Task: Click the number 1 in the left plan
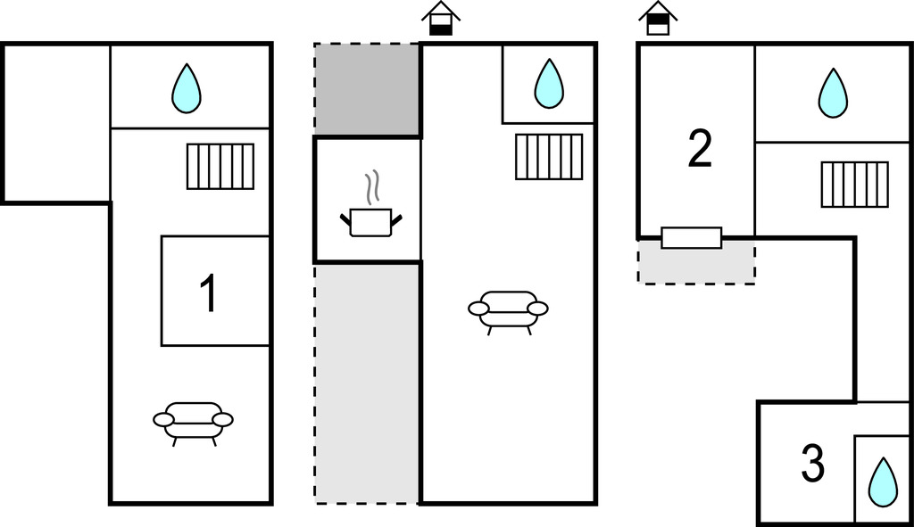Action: point(209,294)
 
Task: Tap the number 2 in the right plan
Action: point(701,150)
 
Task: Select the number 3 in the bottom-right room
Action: point(812,464)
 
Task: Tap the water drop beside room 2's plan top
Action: point(833,93)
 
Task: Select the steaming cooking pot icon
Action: point(370,220)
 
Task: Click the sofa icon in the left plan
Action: point(193,420)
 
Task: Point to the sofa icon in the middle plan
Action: point(508,309)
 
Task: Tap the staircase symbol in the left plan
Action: point(220,167)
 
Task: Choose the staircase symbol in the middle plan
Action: point(549,157)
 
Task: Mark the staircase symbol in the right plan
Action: point(854,185)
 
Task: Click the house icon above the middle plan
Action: point(441,19)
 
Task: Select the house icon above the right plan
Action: point(658,18)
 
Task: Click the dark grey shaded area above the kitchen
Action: point(367,89)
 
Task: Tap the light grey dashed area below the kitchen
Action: point(367,383)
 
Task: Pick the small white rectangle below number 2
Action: point(692,237)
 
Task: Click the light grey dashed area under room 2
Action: point(696,266)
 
